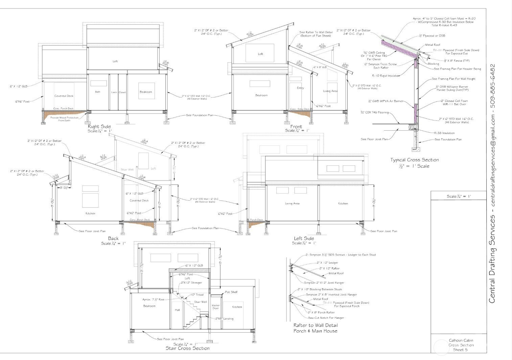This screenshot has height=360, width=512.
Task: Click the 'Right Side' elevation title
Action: (x=99, y=127)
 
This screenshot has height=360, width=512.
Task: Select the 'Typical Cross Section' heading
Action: (x=414, y=160)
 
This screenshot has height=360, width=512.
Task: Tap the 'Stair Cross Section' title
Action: (x=187, y=348)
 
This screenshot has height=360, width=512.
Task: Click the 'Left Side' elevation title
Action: (x=304, y=239)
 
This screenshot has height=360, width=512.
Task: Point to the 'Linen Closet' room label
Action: (x=118, y=92)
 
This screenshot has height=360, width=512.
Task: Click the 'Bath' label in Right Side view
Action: (x=97, y=92)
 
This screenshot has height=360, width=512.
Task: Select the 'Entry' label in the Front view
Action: (x=300, y=88)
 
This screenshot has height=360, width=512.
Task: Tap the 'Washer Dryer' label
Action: (x=215, y=307)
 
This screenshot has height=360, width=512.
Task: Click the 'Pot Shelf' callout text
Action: (x=231, y=292)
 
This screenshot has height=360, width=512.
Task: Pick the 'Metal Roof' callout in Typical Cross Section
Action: (x=433, y=45)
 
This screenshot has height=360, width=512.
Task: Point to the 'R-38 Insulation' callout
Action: (x=444, y=133)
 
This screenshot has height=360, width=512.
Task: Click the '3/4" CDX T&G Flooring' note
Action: (x=374, y=113)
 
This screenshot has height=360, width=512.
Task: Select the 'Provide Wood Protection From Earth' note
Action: (x=64, y=119)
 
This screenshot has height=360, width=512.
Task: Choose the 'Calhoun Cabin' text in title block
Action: (x=461, y=340)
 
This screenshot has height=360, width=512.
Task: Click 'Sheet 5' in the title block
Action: (x=461, y=350)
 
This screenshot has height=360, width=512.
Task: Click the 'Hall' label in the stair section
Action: (x=177, y=310)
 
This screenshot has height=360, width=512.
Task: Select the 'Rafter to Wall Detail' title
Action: (x=315, y=325)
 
